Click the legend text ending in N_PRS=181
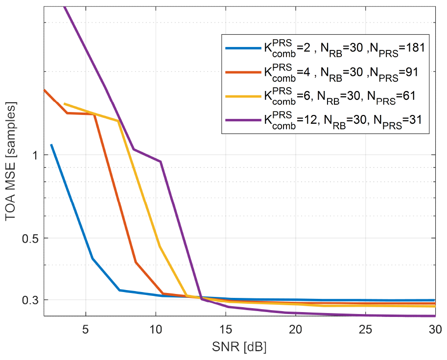(x=343, y=48)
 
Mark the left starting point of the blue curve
(x=51, y=145)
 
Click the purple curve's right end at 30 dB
(x=435, y=316)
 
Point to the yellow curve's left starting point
(x=65, y=104)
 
